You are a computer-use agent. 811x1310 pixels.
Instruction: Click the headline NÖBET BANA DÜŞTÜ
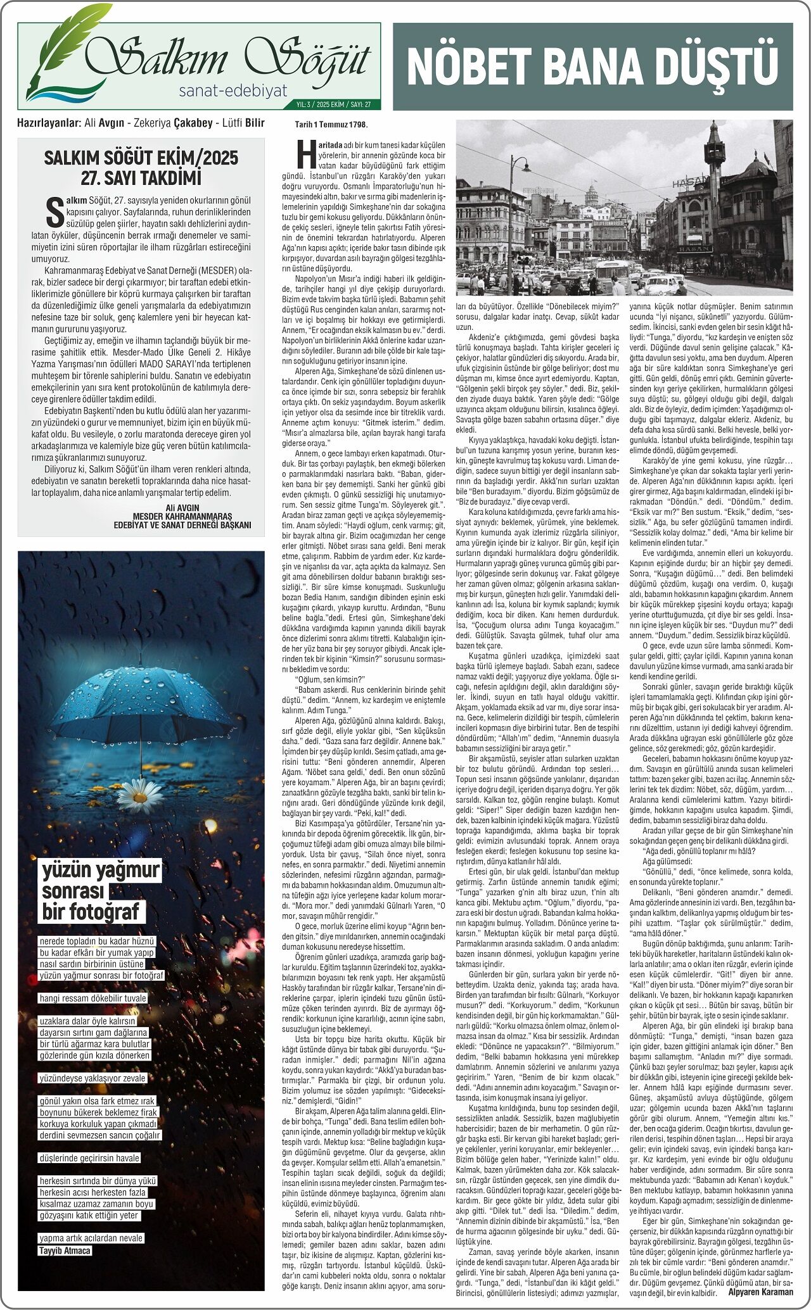[592, 66]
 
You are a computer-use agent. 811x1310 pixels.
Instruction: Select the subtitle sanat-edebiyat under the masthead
[233, 91]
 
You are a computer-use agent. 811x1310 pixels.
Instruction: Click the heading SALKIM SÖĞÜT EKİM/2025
[141, 158]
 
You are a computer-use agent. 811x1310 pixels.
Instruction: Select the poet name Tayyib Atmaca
[65, 1250]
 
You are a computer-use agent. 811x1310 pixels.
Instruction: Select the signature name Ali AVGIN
[182, 508]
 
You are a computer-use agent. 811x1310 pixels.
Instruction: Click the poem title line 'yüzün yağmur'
[101, 871]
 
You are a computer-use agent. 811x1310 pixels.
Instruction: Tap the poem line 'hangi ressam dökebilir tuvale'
[93, 998]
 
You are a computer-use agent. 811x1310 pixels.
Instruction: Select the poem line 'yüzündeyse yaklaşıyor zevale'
[93, 1078]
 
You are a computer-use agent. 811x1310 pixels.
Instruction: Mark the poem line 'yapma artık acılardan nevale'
[91, 1238]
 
